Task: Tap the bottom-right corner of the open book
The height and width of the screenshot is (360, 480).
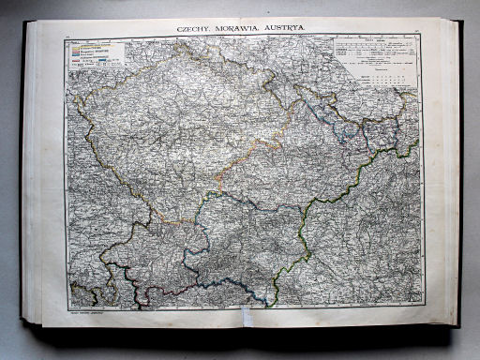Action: tap(459, 325)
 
